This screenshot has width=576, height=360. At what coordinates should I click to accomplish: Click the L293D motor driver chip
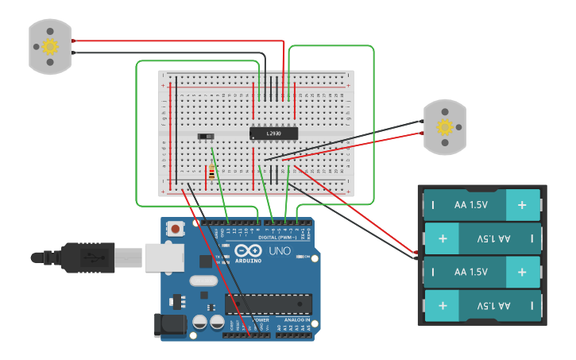(274, 133)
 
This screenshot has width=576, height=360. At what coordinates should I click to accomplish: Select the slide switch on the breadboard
(206, 137)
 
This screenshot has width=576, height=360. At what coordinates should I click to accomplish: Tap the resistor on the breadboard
(211, 172)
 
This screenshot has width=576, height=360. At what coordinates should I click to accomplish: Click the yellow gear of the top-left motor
(50, 46)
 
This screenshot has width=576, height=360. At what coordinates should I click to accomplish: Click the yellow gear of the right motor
(444, 126)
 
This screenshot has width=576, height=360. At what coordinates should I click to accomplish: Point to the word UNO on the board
(280, 252)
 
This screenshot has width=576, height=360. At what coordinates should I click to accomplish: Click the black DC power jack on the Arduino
(170, 324)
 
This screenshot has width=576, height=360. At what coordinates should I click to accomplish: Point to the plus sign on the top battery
(522, 205)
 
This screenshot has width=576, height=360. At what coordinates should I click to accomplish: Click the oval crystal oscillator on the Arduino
(203, 281)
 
